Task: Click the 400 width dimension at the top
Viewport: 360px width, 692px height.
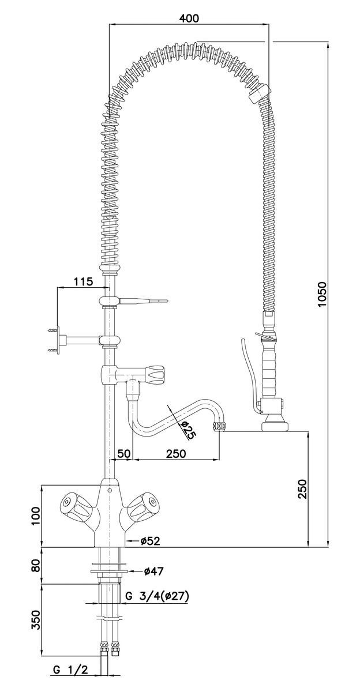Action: pos(189,18)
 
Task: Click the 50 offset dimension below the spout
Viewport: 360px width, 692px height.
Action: pos(125,453)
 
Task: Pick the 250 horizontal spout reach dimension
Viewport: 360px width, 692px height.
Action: pos(176,453)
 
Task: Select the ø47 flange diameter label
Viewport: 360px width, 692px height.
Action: pos(152,571)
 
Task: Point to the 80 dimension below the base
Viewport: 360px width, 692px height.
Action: pos(35,565)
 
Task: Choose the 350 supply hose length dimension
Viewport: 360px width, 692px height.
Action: pos(35,620)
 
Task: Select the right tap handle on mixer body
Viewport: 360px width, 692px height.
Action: pos(141,506)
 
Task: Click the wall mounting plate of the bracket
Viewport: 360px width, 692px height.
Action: pos(54,339)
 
